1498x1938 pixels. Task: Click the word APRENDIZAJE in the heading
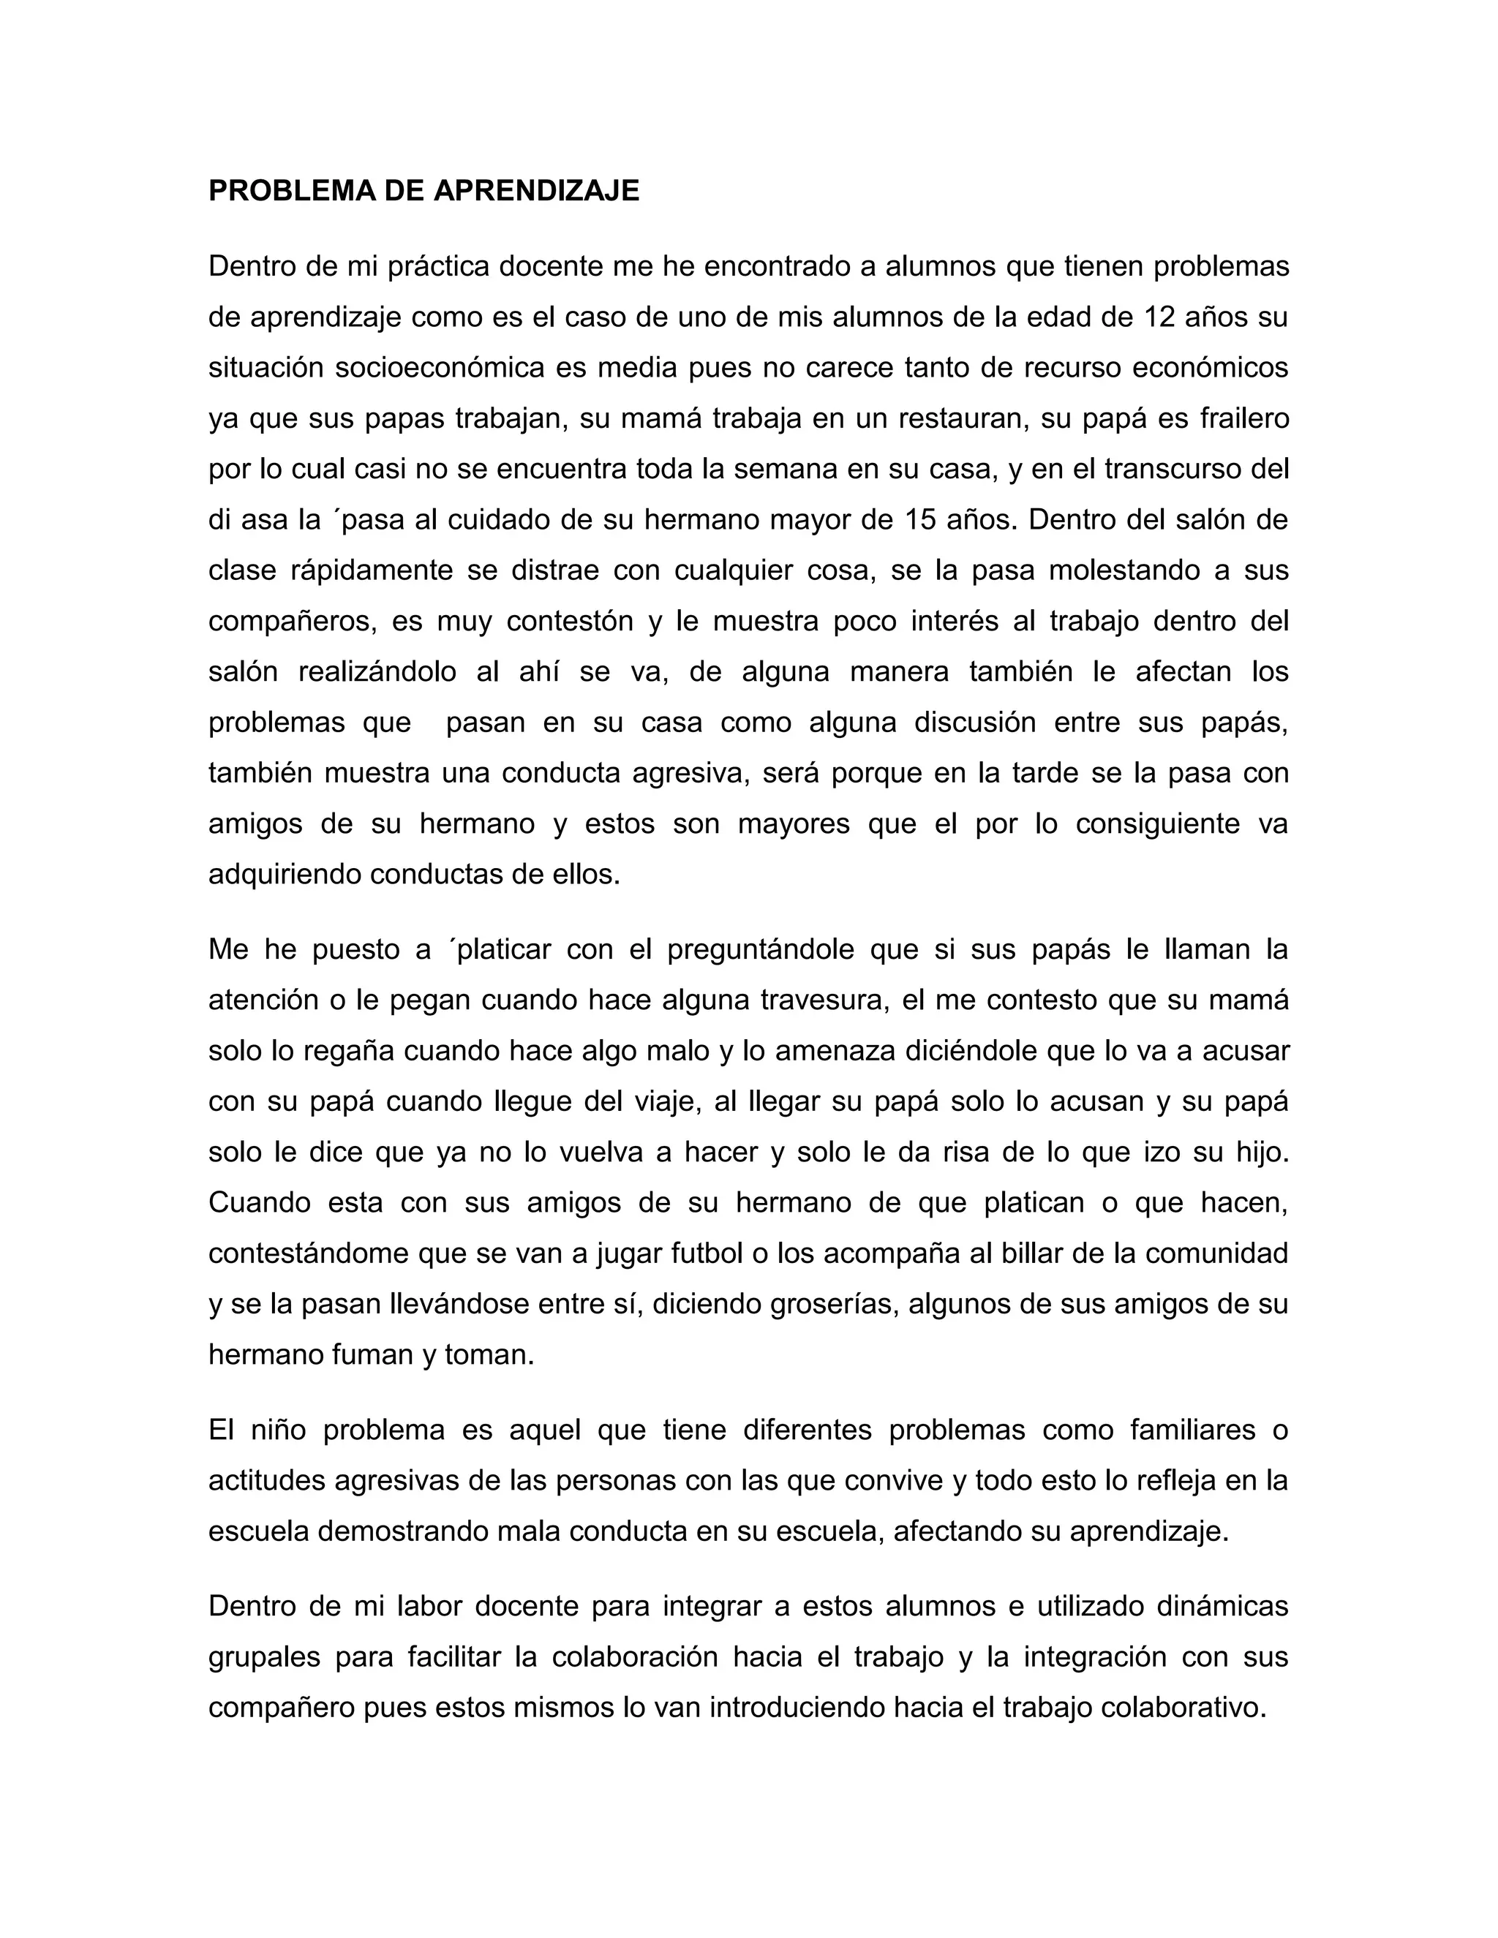click(536, 191)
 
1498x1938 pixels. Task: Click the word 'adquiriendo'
click(284, 875)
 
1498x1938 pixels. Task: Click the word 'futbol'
click(707, 1253)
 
